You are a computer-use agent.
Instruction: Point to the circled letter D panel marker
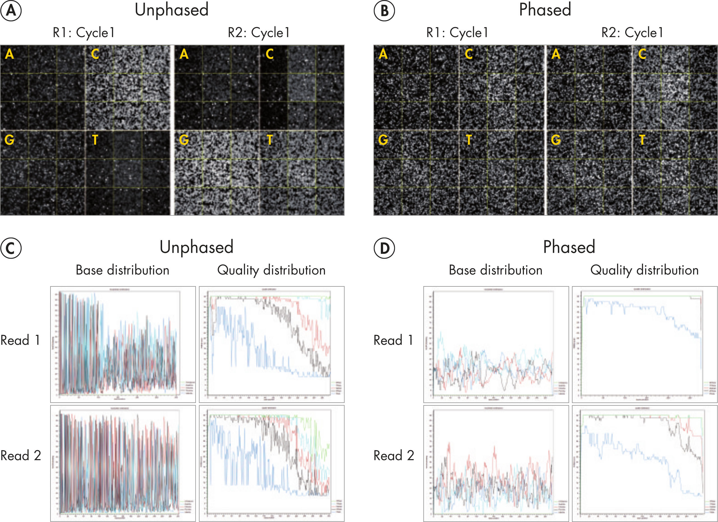click(x=384, y=248)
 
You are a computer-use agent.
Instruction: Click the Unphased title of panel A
click(x=172, y=10)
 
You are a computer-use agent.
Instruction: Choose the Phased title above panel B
click(x=545, y=10)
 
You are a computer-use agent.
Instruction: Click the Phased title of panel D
click(x=569, y=247)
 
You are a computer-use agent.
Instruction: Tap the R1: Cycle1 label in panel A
click(x=84, y=33)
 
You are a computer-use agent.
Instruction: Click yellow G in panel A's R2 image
click(x=184, y=140)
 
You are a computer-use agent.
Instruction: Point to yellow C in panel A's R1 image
click(x=95, y=54)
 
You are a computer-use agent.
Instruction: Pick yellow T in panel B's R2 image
click(x=642, y=140)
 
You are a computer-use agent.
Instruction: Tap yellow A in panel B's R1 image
click(x=383, y=54)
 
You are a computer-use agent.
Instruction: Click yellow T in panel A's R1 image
click(x=95, y=140)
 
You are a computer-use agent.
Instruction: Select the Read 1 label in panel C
click(x=20, y=340)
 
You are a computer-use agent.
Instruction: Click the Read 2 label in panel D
click(x=393, y=455)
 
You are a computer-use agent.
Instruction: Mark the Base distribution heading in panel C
click(x=122, y=270)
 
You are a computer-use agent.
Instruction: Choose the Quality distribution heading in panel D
click(x=644, y=270)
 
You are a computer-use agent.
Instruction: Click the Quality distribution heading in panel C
click(x=271, y=270)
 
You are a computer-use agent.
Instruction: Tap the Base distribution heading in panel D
click(x=495, y=270)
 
